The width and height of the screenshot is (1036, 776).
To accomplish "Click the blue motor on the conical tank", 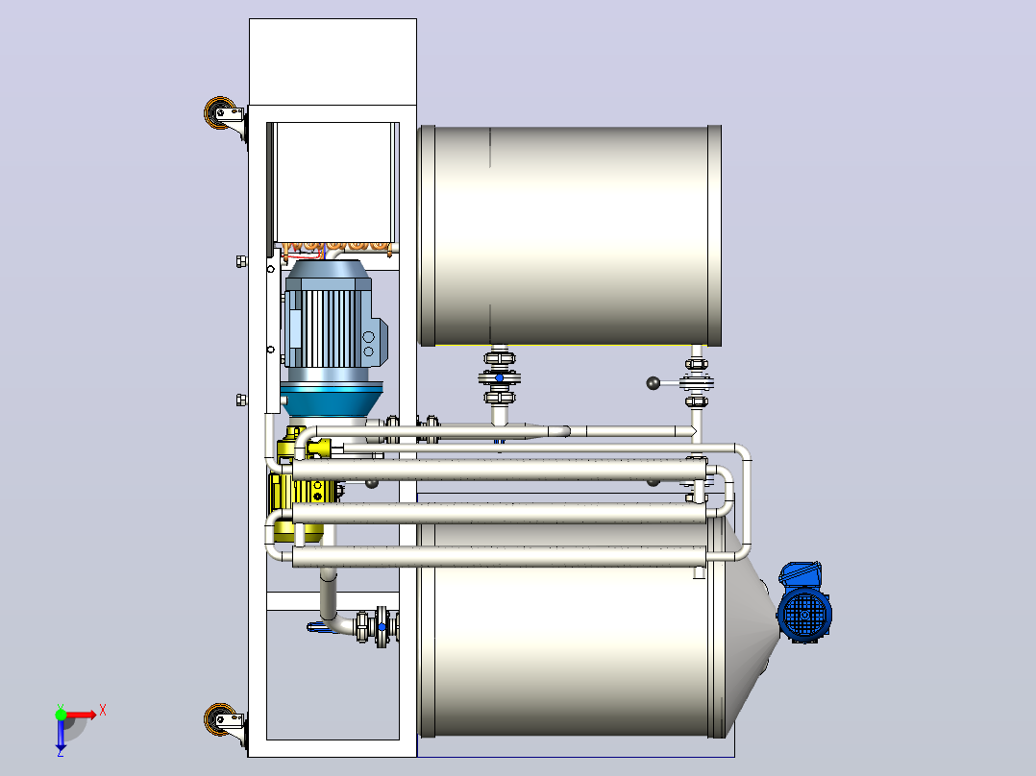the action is (x=804, y=603).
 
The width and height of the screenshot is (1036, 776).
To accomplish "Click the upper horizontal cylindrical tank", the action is (x=570, y=235).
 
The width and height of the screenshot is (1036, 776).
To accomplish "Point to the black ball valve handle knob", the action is (x=653, y=383).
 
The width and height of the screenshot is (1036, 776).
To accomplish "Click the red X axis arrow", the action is (x=80, y=715).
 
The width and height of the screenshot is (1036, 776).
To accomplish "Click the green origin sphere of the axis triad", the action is (x=61, y=715).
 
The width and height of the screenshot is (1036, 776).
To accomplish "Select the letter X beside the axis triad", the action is (x=103, y=711).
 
